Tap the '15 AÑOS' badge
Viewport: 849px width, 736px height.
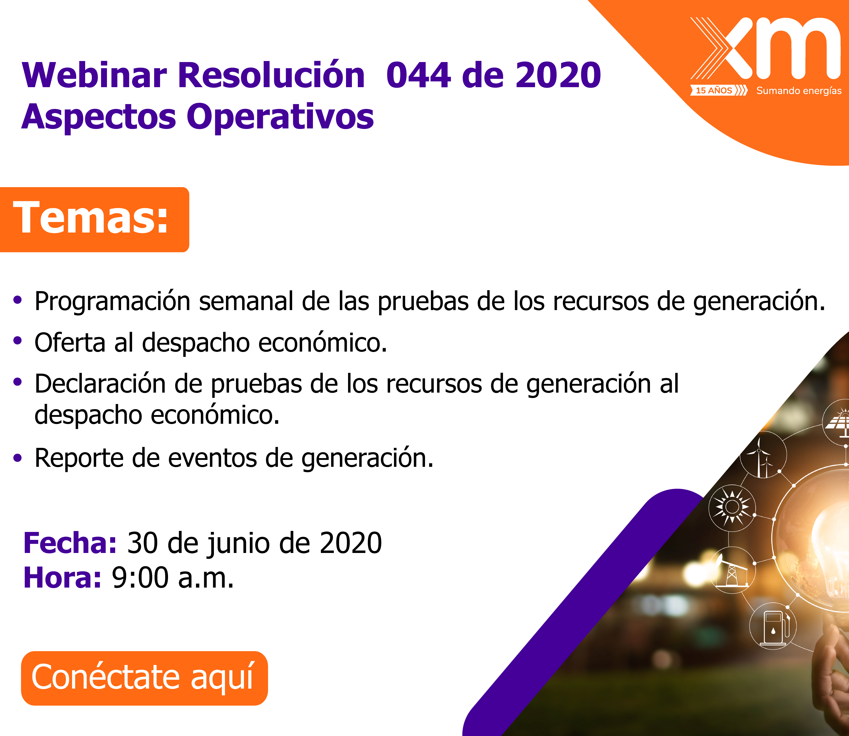click(714, 90)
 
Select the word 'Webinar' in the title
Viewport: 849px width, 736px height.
click(94, 75)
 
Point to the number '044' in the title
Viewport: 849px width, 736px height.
click(418, 75)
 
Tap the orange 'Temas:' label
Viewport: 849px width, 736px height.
click(91, 218)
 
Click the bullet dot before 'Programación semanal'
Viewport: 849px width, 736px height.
click(17, 300)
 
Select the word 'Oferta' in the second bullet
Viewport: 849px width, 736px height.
click(70, 342)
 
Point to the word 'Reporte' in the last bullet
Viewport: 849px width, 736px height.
click(79, 458)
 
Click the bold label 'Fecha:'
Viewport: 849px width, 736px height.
click(70, 543)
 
